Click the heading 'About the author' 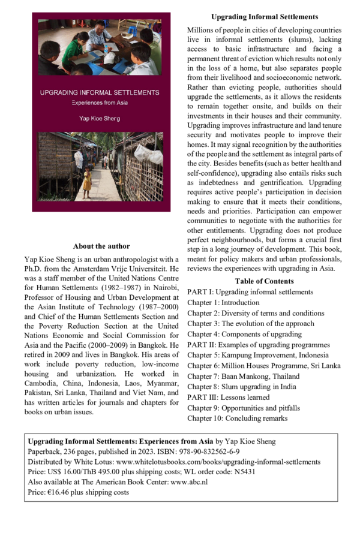101,246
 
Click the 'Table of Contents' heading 264,281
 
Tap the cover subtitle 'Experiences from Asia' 101,104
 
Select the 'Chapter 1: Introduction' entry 223,303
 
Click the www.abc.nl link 191,482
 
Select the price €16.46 67,492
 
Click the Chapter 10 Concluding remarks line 237,418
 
